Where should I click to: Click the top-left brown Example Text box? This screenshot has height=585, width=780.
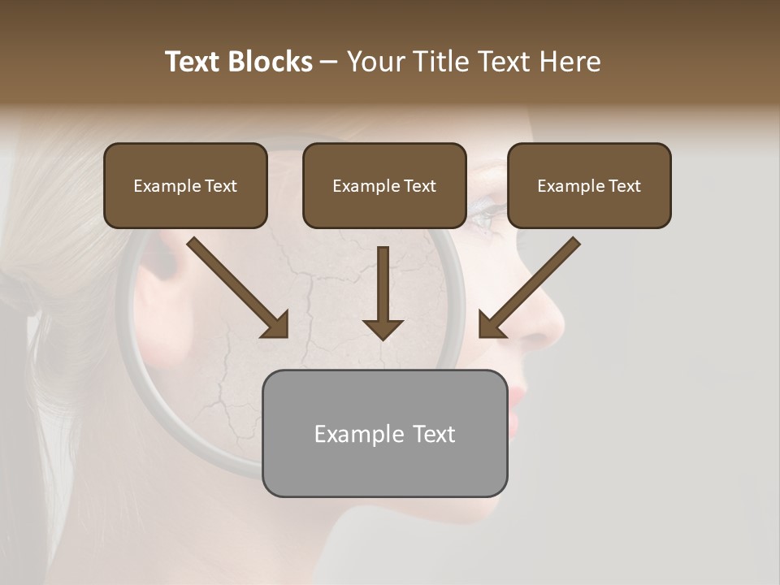[185, 186]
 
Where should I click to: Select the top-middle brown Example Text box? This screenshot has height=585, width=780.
[384, 186]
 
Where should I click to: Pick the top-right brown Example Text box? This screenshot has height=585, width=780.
[589, 186]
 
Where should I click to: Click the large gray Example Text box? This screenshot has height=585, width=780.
[384, 434]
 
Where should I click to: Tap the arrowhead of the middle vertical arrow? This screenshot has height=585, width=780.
[383, 328]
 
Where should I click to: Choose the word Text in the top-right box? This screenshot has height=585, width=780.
[624, 186]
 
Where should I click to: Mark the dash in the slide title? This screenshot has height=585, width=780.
[329, 62]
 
